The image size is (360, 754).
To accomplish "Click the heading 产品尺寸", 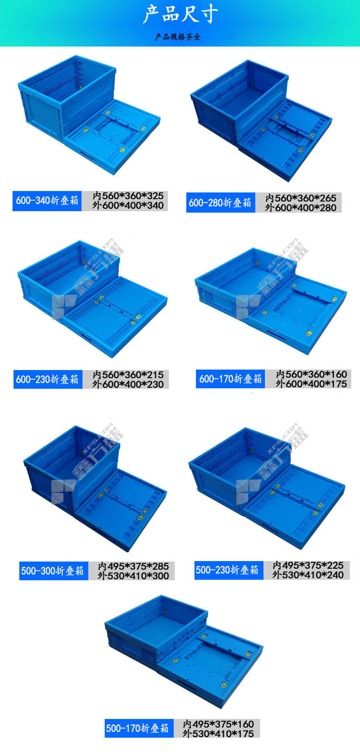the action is click(x=180, y=15).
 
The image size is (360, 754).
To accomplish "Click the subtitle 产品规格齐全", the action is click(x=178, y=36).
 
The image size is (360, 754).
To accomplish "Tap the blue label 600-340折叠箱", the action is click(x=47, y=201).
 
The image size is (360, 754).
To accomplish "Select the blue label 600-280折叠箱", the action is click(x=221, y=203).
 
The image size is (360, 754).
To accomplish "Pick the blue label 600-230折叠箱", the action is click(x=48, y=379).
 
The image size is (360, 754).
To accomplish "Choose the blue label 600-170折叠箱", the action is click(x=231, y=379).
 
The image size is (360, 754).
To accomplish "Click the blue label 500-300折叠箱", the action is click(x=53, y=571).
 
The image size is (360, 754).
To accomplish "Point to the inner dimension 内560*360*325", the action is click(x=128, y=195).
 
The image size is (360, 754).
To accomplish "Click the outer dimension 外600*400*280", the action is click(x=301, y=208).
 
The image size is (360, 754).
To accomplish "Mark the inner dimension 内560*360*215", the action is click(x=128, y=375).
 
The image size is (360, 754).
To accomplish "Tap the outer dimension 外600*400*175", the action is click(x=311, y=384).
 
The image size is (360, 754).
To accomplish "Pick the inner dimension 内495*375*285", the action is click(x=133, y=566).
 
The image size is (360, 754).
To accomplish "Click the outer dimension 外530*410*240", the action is click(x=308, y=575).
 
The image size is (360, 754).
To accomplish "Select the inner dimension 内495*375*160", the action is click(x=218, y=724).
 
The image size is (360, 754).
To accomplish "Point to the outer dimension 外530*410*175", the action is click(x=218, y=733).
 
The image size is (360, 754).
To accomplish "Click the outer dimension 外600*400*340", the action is click(x=128, y=205).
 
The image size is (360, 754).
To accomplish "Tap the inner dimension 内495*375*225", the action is click(x=308, y=565).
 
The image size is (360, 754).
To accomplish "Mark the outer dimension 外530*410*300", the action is click(x=133, y=576).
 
